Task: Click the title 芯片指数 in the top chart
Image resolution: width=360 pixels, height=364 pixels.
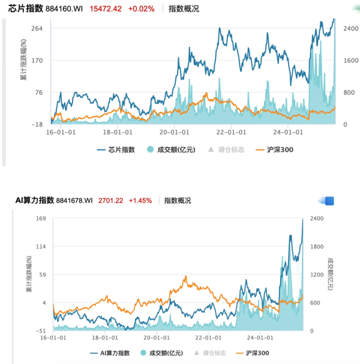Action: click(x=26, y=9)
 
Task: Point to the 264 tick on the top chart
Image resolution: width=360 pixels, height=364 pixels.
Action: click(x=37, y=29)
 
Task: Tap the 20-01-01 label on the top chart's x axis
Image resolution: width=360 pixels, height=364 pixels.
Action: click(x=173, y=132)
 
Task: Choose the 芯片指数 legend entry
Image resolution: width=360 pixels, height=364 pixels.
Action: click(x=116, y=150)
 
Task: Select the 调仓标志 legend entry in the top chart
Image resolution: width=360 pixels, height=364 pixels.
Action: click(x=226, y=150)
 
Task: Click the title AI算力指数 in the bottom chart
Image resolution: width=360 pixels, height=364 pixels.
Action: click(x=35, y=200)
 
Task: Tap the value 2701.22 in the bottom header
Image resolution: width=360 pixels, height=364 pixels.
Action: click(x=110, y=200)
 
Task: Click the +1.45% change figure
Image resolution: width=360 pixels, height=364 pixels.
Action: click(x=140, y=200)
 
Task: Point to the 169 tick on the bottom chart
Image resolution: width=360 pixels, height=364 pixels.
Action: click(x=41, y=218)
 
